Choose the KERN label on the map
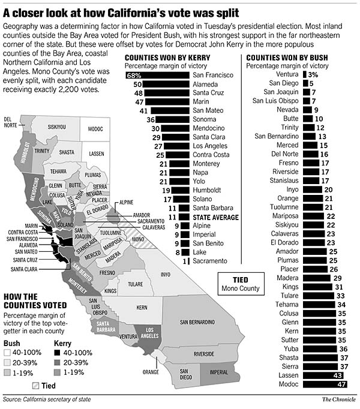tap(142, 306)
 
